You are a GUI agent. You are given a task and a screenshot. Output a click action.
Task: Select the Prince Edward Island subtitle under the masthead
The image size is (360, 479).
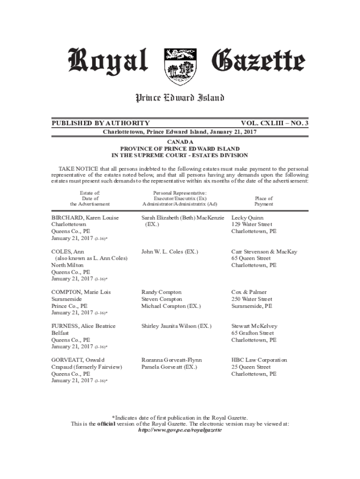180,98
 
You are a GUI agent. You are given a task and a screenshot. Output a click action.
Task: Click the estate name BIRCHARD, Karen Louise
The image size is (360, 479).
85,218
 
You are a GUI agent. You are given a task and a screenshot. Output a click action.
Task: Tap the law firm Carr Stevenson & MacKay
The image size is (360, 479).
264,252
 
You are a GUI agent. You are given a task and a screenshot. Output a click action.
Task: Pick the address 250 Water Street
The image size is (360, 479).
252,299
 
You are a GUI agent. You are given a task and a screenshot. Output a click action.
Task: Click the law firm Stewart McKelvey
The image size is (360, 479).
254,326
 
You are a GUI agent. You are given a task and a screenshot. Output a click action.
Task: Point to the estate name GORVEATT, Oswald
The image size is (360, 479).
78,360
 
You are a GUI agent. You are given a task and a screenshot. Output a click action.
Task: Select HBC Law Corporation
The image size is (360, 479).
259,360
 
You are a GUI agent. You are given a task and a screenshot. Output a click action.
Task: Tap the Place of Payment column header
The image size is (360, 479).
264,201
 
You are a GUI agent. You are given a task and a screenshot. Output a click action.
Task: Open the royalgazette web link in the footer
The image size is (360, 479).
180,430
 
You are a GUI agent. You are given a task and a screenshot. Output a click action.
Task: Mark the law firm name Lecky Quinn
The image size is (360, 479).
247,218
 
